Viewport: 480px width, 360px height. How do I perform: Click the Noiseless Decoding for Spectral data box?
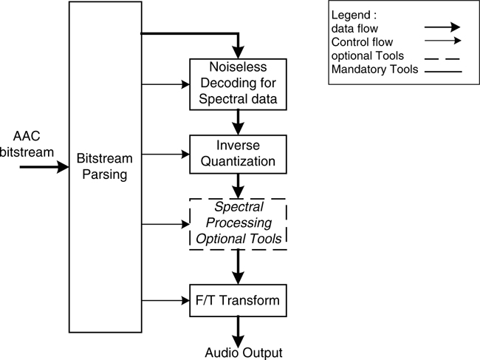[x=236, y=84]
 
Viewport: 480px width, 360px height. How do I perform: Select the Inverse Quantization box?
[x=236, y=154]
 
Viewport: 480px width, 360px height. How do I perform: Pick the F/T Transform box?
[x=236, y=301]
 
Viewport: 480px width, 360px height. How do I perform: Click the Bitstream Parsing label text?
[x=104, y=166]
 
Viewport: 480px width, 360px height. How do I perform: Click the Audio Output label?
[x=243, y=352]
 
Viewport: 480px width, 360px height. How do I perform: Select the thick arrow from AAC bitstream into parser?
[x=44, y=167]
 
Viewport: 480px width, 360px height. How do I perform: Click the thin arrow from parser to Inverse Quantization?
[x=165, y=154]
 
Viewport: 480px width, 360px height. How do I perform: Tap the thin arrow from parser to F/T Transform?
[x=165, y=301]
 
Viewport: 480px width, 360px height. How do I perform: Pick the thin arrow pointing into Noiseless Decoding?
[x=165, y=84]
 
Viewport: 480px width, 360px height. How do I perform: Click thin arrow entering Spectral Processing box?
[x=165, y=223]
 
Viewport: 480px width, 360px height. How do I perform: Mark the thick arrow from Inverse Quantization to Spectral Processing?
[x=237, y=186]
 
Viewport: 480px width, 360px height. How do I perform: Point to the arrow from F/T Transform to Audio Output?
[x=237, y=329]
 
